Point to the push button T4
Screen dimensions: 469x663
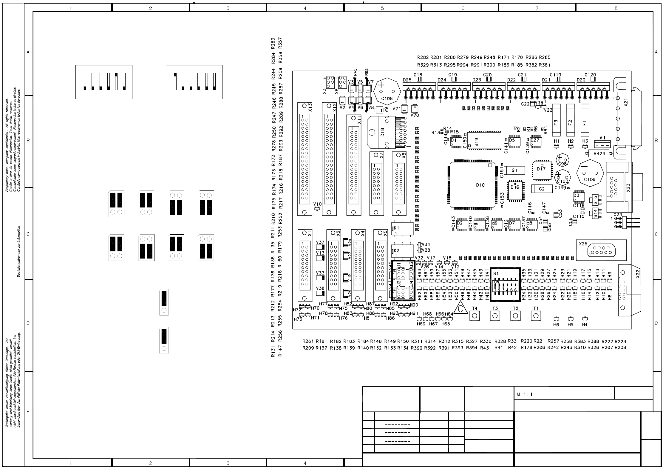475,316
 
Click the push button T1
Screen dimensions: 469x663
536,316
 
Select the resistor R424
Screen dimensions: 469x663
599,153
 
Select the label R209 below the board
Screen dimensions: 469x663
308,348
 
